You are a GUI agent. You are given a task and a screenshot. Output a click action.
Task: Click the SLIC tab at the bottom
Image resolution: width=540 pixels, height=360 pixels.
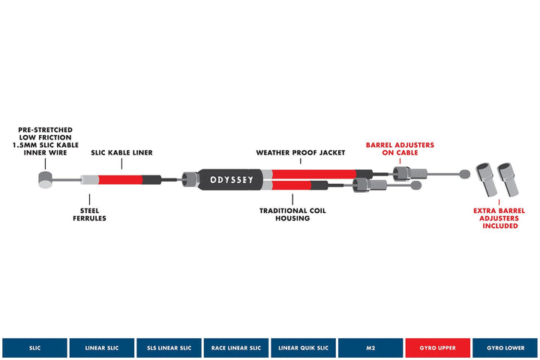(x=34, y=348)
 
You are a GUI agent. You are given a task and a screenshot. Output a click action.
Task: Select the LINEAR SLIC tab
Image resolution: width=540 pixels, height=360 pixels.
(x=101, y=348)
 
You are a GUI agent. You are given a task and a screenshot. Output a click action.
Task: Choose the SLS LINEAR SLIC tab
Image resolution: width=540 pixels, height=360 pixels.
(x=169, y=348)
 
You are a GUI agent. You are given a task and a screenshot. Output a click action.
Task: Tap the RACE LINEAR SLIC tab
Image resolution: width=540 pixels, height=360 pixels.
(x=236, y=348)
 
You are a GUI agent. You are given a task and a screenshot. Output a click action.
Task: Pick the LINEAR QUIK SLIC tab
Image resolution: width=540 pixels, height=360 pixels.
(x=303, y=348)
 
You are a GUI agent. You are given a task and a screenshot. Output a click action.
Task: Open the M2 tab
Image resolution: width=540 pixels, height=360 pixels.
(x=370, y=348)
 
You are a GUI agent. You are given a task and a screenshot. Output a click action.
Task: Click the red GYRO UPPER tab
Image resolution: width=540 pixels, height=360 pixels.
(x=438, y=348)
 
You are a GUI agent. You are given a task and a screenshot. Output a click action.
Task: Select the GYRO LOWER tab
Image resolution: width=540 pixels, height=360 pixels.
(x=505, y=348)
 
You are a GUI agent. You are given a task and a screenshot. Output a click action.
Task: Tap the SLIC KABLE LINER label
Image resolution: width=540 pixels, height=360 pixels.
(x=121, y=153)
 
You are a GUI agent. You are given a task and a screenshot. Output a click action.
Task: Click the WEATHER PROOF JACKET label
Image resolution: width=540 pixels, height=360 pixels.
(x=300, y=152)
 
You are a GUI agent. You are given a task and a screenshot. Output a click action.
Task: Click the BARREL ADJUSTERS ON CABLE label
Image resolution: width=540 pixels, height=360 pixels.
(x=400, y=148)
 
